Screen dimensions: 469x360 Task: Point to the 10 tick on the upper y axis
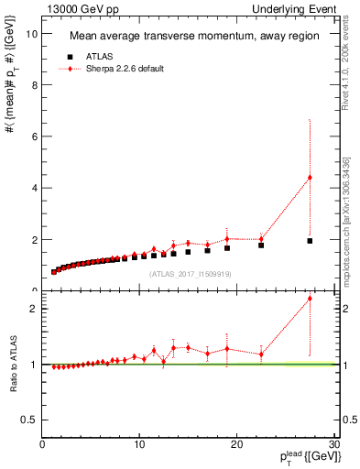(33, 34)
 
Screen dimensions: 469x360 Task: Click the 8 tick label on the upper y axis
(35, 85)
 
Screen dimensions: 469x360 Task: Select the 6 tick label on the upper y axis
(35, 136)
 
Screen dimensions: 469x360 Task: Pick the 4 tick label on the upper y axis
(35, 188)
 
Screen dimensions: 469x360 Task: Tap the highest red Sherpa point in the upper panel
(310, 178)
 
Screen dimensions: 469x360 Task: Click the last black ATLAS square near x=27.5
(310, 241)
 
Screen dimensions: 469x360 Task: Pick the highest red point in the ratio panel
(310, 299)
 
